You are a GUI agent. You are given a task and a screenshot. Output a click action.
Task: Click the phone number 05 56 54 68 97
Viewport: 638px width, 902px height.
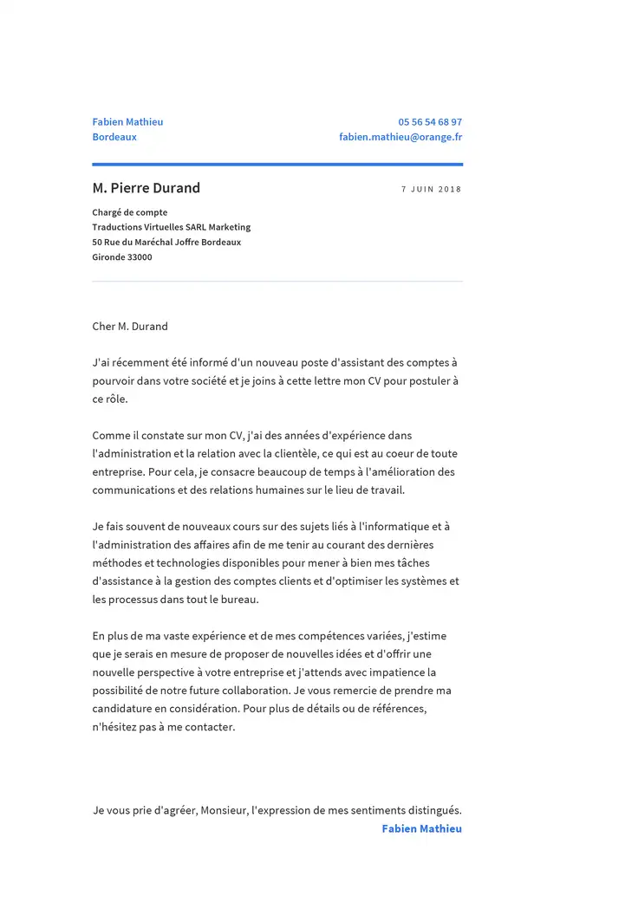430,122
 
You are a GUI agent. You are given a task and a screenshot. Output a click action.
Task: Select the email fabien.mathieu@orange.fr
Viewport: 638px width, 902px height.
400,137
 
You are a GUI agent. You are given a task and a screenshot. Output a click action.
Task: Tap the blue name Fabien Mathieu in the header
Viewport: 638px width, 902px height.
127,122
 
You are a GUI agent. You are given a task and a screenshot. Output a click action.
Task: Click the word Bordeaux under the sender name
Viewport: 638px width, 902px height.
114,137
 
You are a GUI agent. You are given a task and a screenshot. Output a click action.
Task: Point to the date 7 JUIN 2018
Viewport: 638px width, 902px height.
431,189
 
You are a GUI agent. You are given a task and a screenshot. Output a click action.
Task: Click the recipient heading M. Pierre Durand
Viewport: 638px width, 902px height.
146,188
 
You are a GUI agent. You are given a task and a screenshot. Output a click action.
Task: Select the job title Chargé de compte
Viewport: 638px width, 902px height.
130,212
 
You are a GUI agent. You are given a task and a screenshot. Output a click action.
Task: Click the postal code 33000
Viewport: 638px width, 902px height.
140,257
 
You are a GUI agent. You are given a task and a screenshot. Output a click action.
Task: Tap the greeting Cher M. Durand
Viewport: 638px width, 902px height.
130,327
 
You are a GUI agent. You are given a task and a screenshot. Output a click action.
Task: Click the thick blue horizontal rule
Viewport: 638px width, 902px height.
277,164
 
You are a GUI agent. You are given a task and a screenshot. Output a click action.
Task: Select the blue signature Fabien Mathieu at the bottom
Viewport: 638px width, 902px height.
421,829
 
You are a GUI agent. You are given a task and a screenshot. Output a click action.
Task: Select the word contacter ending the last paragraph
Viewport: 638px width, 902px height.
209,727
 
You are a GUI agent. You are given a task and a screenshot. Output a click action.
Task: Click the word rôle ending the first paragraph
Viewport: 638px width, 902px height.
115,399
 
